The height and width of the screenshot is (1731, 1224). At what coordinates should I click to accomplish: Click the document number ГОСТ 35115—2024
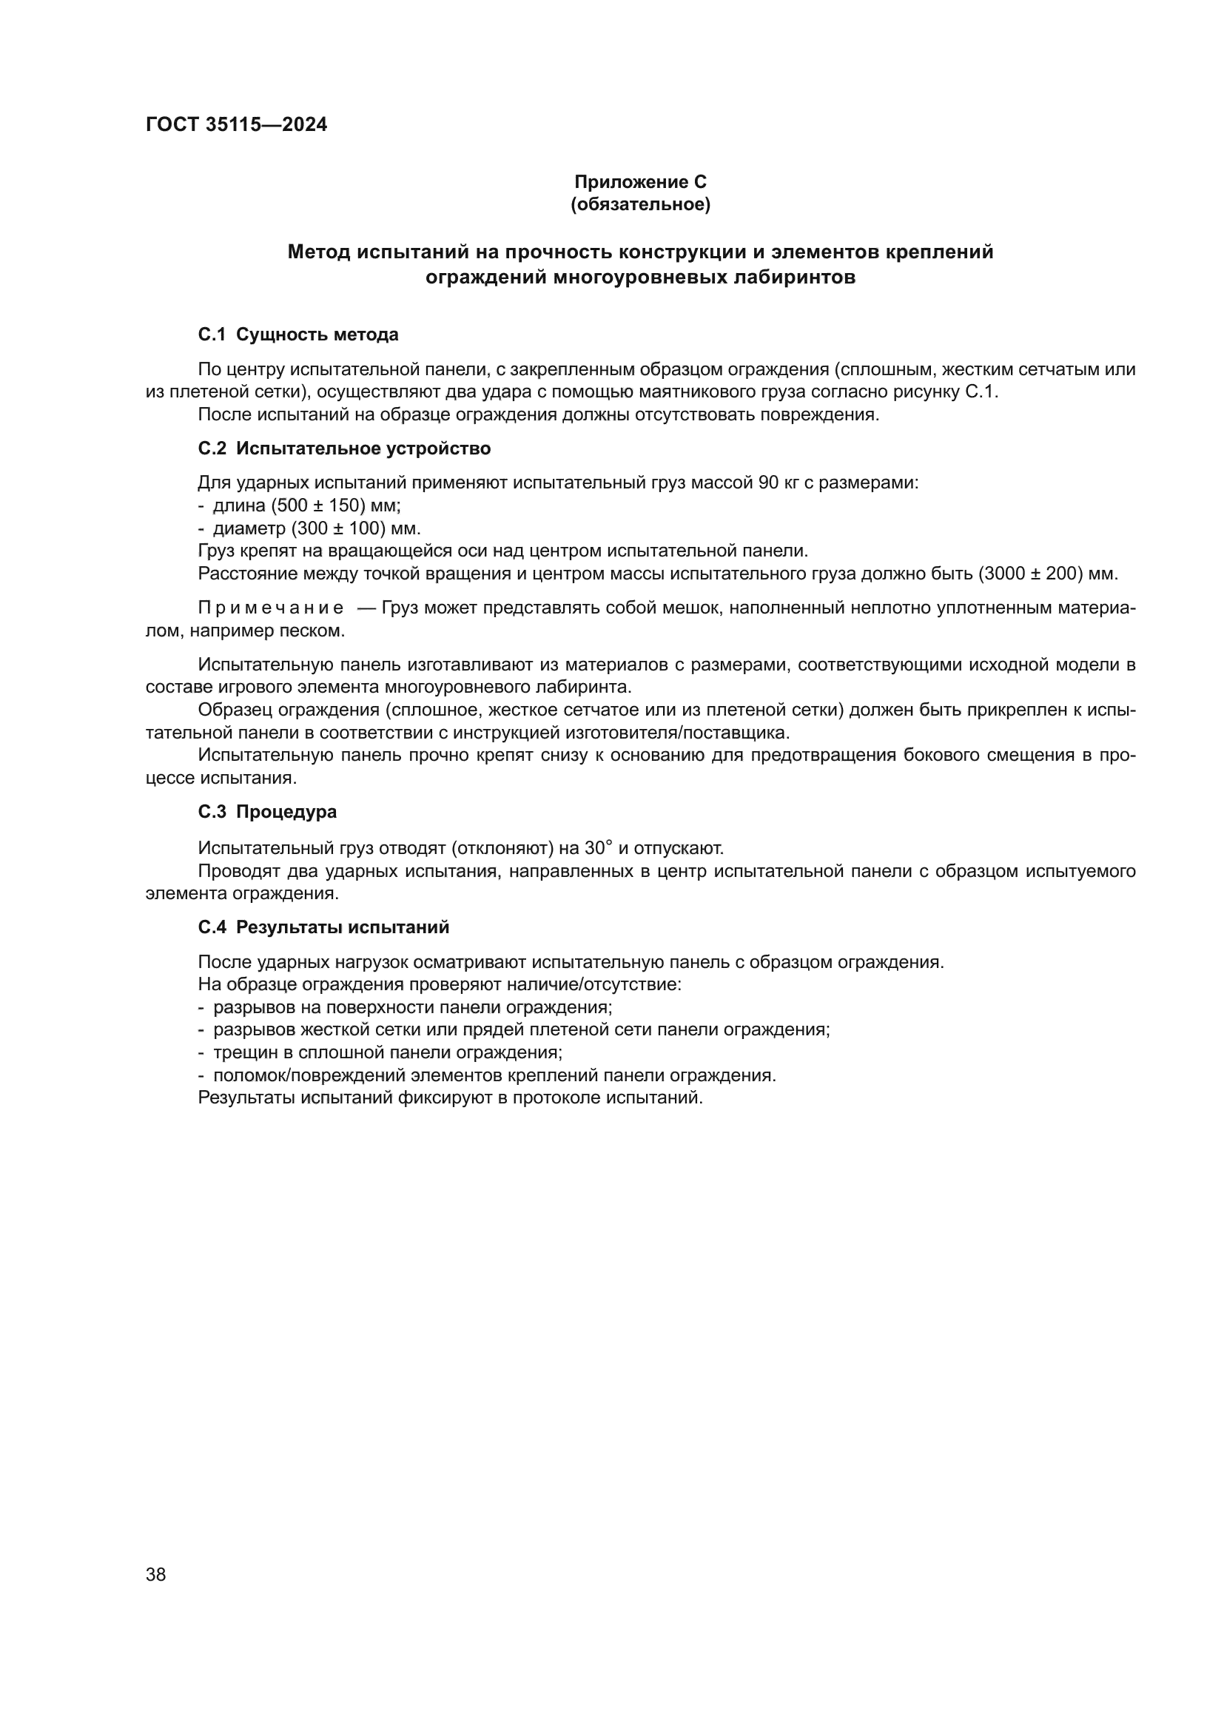coord(236,125)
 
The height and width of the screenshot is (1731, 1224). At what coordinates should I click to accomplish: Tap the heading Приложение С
coord(640,182)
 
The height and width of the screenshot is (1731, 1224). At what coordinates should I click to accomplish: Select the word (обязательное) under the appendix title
coord(640,204)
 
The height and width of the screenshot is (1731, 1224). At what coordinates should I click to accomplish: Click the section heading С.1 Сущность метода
coord(297,335)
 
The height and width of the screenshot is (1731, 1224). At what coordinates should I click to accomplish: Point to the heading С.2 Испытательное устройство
coord(343,448)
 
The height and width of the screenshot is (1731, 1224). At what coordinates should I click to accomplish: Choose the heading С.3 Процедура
coord(267,812)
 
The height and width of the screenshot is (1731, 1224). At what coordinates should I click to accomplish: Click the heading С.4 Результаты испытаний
coord(323,927)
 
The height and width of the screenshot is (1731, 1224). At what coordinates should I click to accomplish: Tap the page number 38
coord(156,1574)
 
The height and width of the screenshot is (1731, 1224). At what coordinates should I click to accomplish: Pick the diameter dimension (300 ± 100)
coord(338,528)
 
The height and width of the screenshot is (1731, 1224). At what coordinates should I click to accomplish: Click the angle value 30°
coord(598,848)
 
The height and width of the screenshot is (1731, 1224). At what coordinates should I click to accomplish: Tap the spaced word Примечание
coord(271,608)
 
